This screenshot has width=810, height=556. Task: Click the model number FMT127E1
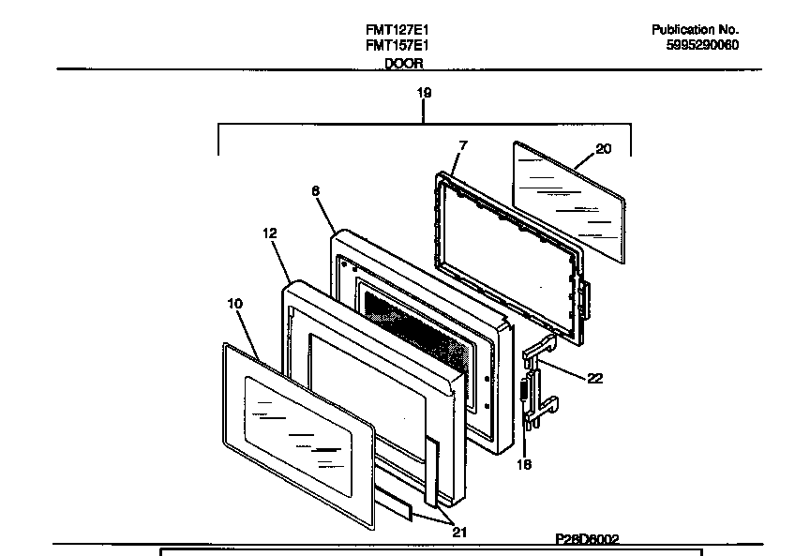[x=397, y=30]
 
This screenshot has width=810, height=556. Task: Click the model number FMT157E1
[x=397, y=45]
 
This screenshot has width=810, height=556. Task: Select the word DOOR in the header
[x=403, y=63]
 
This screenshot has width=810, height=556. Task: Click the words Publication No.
[x=695, y=30]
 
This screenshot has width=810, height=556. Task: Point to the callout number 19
[x=424, y=93]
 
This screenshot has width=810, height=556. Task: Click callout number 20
[x=603, y=147]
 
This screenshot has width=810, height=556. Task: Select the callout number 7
[x=462, y=145]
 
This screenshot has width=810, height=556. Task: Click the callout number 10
[x=234, y=303]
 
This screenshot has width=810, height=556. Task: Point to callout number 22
[x=594, y=379]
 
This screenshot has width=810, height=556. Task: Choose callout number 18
[x=523, y=464]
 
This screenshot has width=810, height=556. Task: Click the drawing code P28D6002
[x=586, y=539]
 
